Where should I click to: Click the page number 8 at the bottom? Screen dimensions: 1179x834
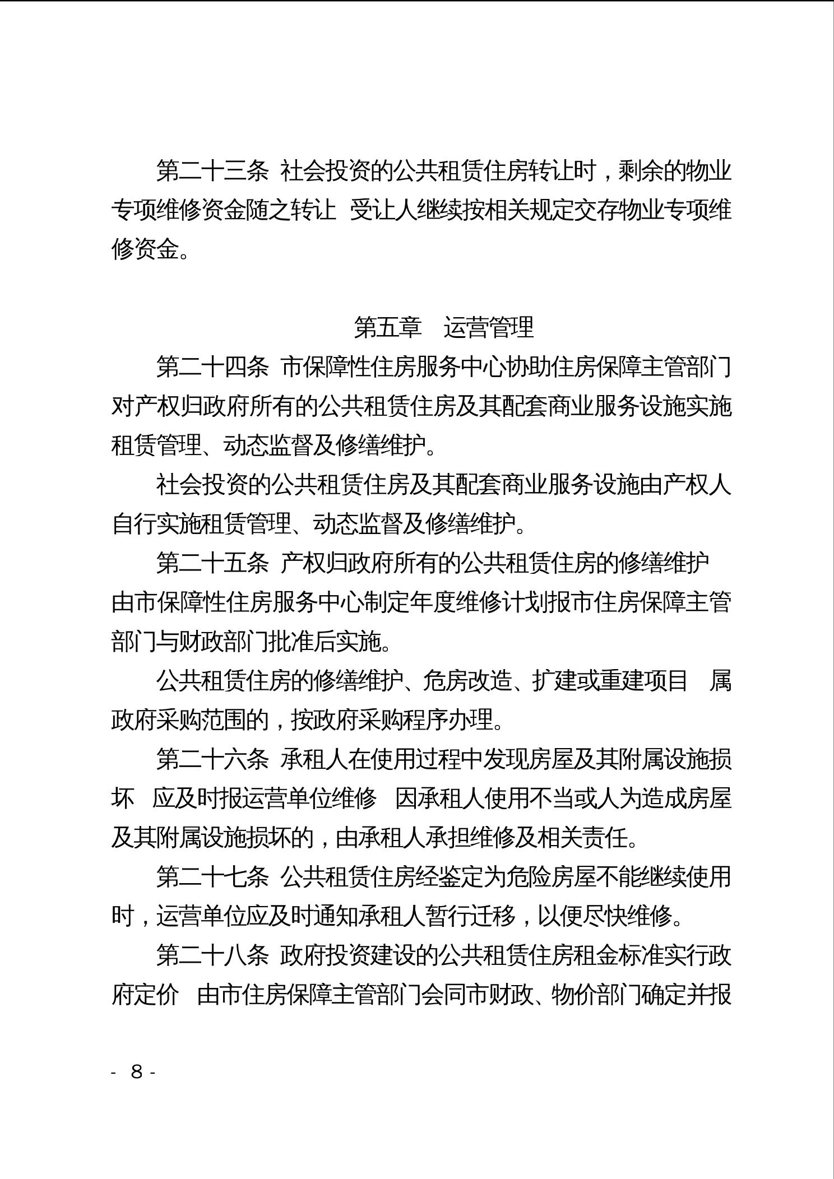click(x=136, y=1072)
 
